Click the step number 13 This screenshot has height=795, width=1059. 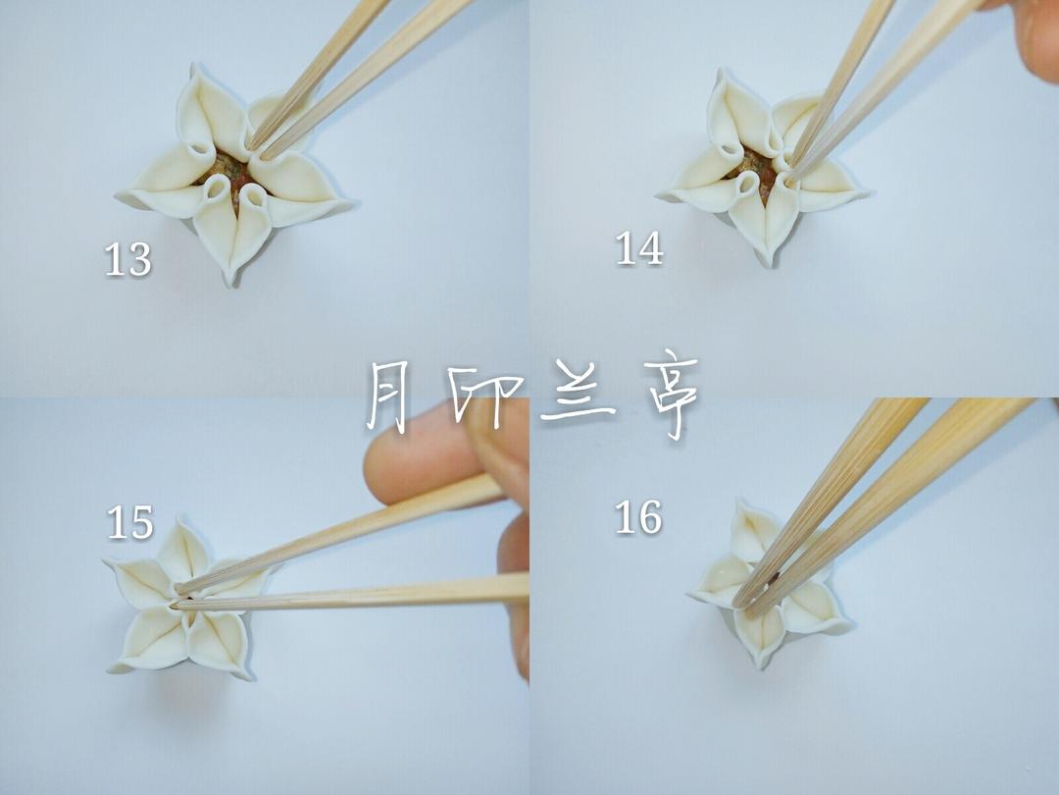click(x=127, y=259)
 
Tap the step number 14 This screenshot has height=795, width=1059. click(x=639, y=248)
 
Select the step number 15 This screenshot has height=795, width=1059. click(x=130, y=522)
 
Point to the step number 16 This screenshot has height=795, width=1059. click(x=638, y=517)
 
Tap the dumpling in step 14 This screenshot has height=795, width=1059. click(x=762, y=169)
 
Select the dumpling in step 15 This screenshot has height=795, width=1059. click(x=186, y=599)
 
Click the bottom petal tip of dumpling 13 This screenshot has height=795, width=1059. click(x=231, y=283)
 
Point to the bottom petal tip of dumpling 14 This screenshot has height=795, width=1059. click(x=766, y=264)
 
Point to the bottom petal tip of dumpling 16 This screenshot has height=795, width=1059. click(x=763, y=665)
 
